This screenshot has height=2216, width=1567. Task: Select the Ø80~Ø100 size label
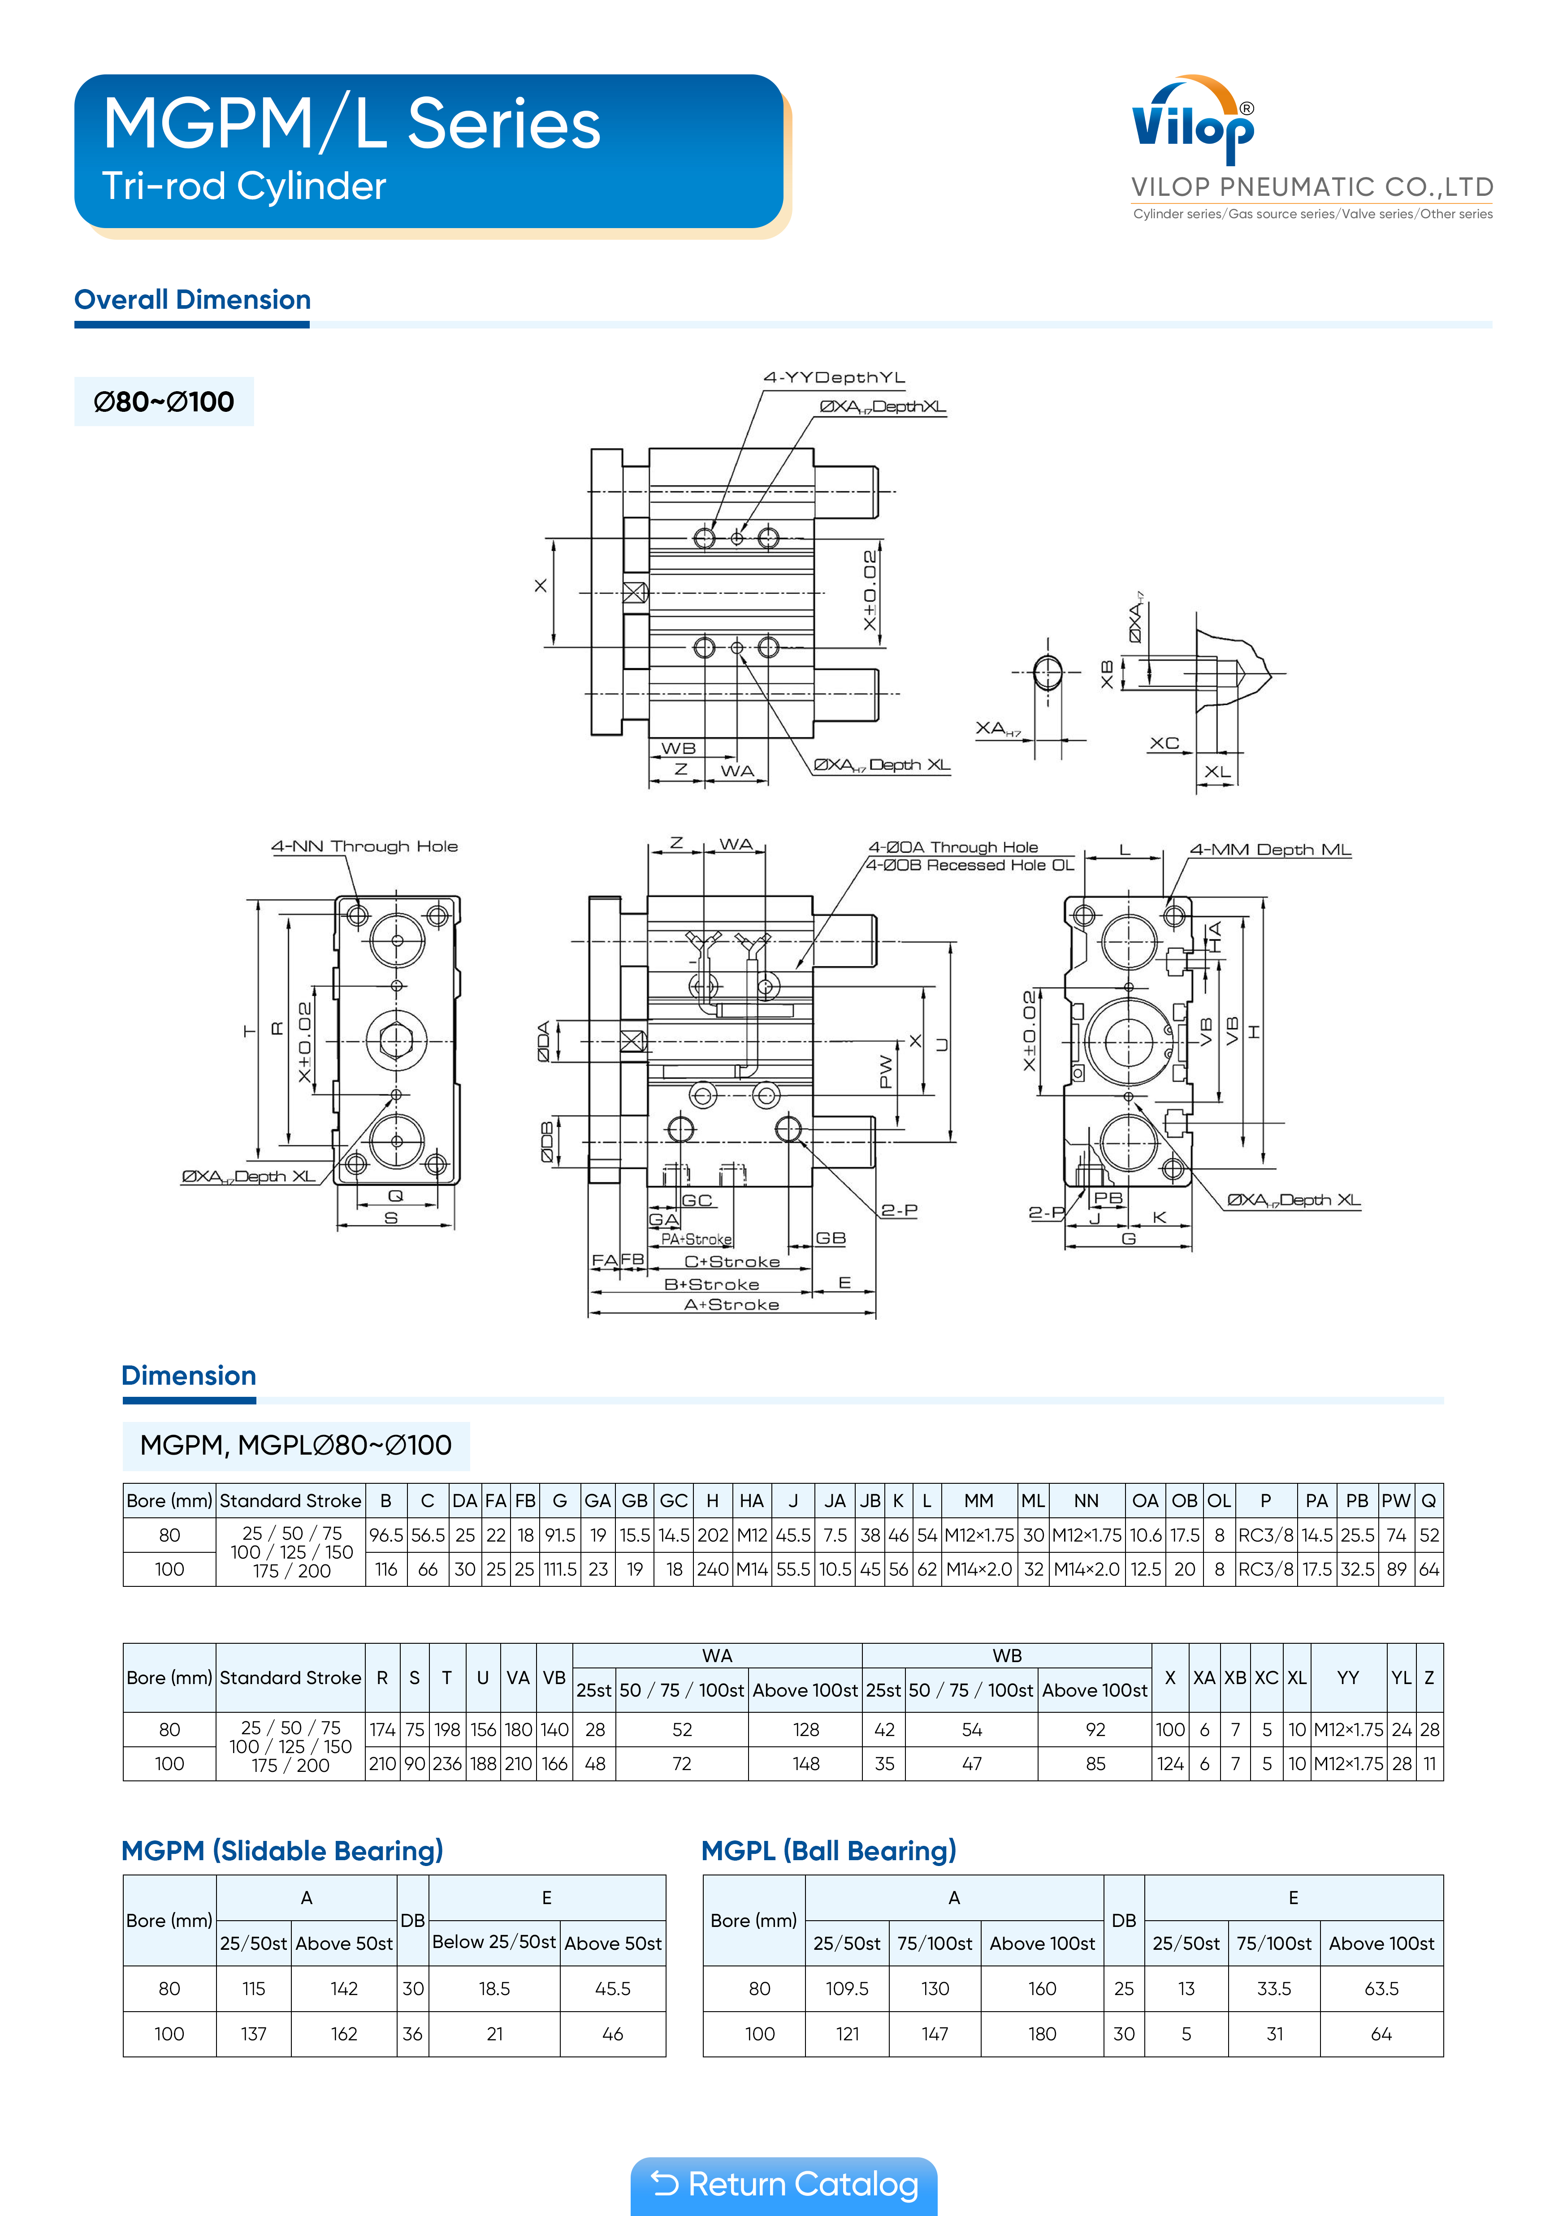[164, 402]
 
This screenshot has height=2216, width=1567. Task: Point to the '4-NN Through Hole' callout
[364, 847]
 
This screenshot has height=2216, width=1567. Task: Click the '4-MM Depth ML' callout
[1270, 849]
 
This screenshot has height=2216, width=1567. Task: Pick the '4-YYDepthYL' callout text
[834, 377]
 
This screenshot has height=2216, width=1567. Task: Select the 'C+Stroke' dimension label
[732, 1261]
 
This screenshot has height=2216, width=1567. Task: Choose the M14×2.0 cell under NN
[1086, 1569]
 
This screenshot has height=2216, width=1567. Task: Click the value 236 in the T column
[447, 1763]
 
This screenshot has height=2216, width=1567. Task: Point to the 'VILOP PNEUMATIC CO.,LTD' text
[1312, 187]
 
